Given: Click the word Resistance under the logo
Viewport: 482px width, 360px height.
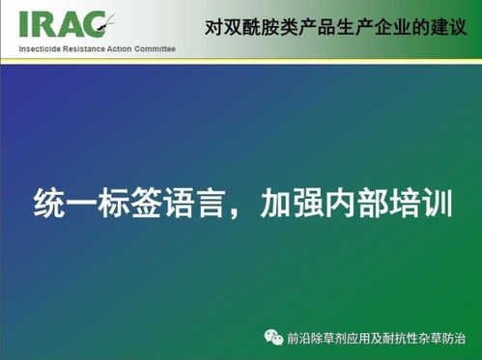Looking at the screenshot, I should point(86,47).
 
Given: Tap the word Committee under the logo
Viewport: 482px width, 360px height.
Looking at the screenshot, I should point(157,47).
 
